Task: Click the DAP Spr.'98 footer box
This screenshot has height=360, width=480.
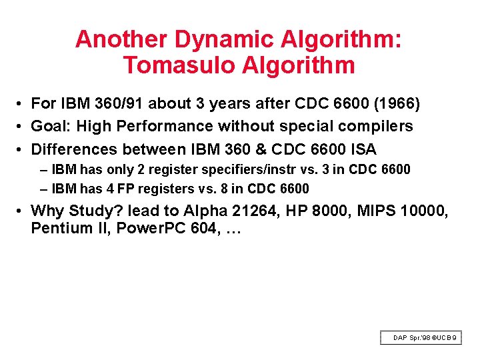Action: click(x=420, y=338)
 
